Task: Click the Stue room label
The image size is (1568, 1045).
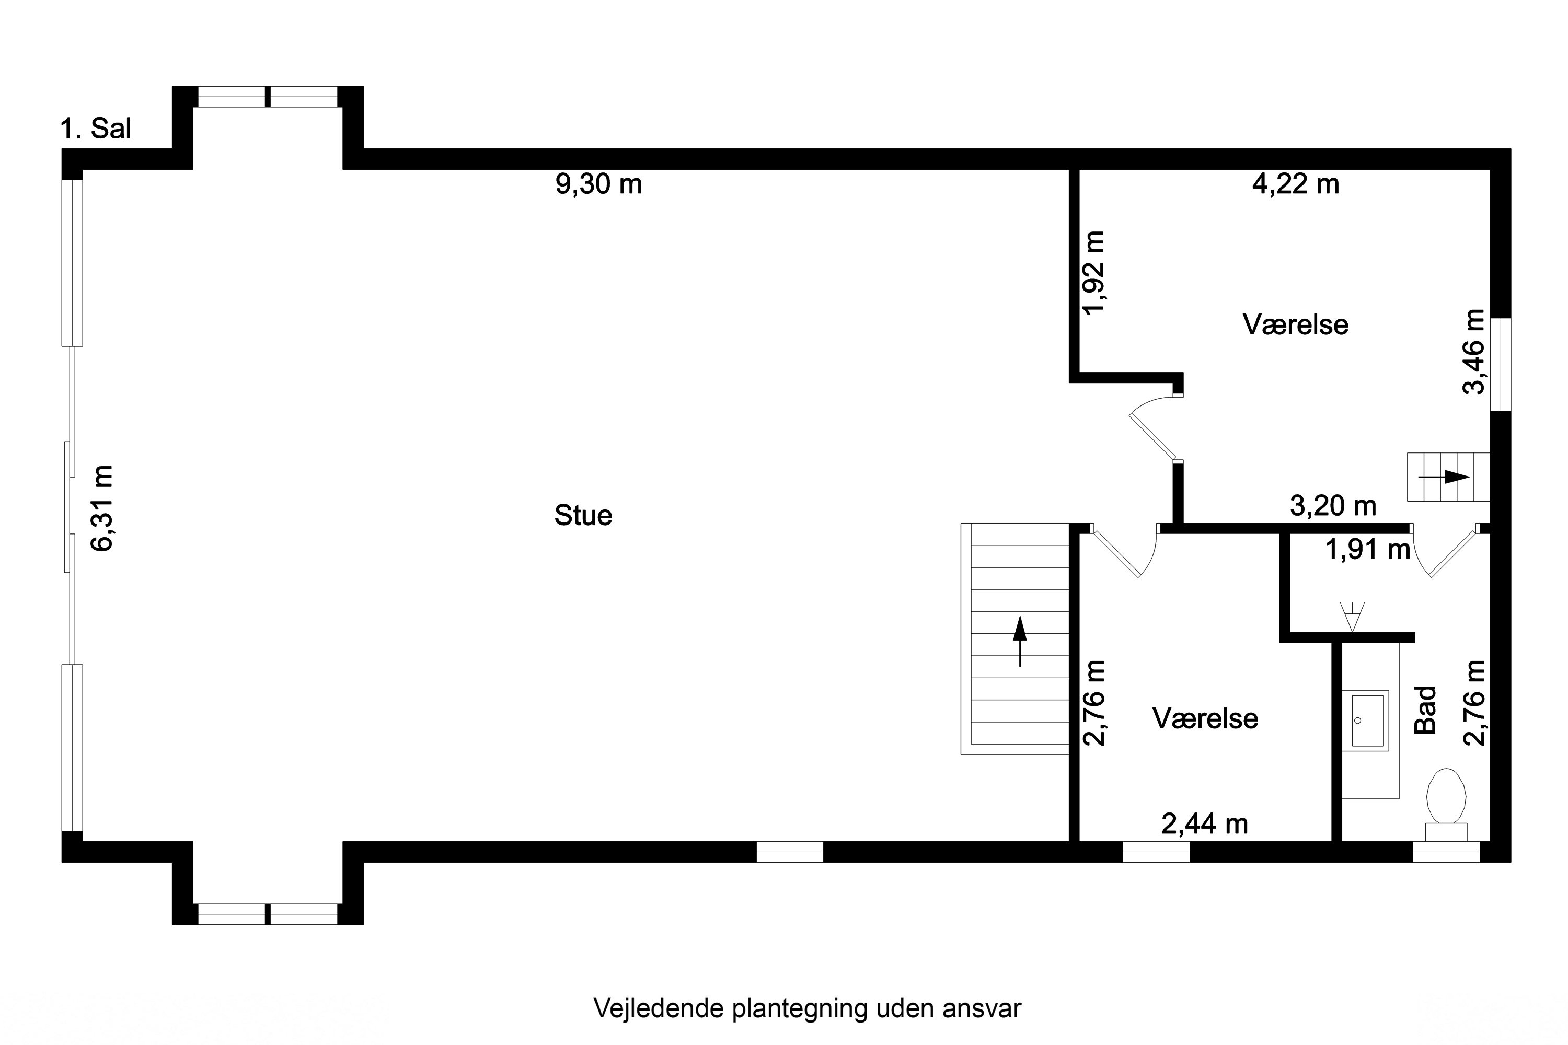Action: [583, 516]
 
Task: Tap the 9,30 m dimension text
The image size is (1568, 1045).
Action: [598, 184]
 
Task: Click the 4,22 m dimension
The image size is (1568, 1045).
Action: [1295, 184]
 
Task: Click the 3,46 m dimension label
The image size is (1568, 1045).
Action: [1473, 352]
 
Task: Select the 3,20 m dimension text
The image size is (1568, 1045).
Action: [1333, 506]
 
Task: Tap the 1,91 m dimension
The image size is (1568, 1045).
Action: [1367, 550]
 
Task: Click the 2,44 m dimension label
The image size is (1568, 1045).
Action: [1204, 825]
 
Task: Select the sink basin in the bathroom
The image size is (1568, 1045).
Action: [1365, 721]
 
